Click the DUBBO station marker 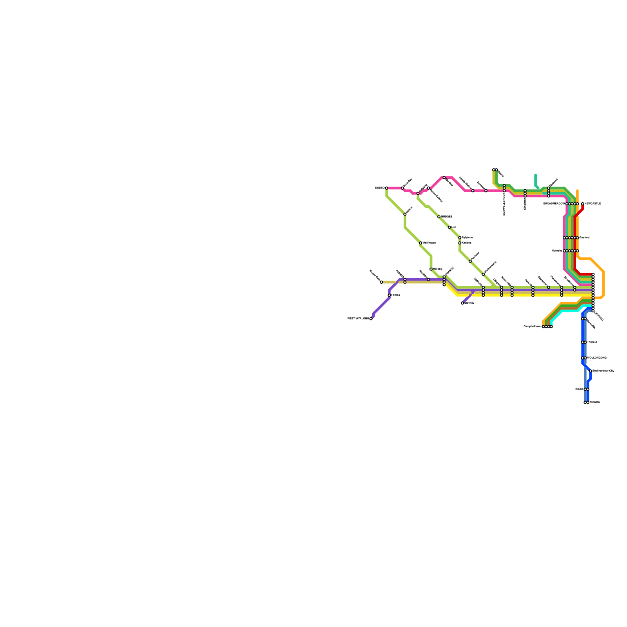point(386,188)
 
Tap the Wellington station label point(429,243)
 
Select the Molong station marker point(431,269)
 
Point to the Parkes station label point(395,295)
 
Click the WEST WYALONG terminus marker point(371,319)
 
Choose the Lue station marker point(449,227)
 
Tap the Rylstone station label point(467,238)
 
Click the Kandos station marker point(460,243)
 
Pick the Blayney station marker point(462,303)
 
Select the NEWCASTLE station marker point(583,204)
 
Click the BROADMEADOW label point(554,204)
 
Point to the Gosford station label point(584,238)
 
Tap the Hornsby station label point(557,251)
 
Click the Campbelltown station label point(533,326)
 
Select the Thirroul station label point(592,342)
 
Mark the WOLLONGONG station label point(597,358)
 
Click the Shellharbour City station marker point(591,371)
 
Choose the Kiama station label point(579,389)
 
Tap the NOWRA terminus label point(595,402)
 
